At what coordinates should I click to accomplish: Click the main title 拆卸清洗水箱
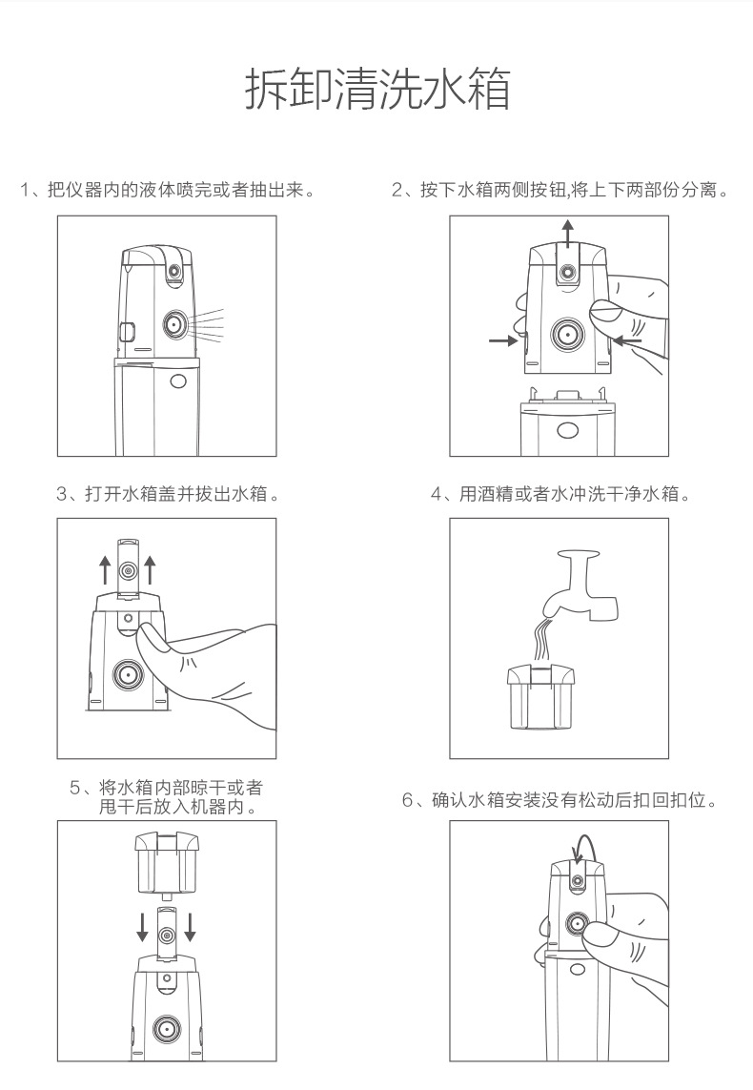tap(377, 89)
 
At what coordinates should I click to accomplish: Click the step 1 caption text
tap(168, 189)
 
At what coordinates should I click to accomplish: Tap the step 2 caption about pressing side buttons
tap(560, 189)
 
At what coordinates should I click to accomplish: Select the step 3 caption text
tap(169, 494)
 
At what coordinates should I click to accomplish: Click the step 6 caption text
tap(560, 799)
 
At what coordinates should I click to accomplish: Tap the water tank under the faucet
tap(541, 697)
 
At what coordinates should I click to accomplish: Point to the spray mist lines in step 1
tap(207, 324)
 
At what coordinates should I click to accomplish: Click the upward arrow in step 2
tap(568, 232)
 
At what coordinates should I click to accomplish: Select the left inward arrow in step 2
tap(503, 340)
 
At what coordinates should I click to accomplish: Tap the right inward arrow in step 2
tap(627, 339)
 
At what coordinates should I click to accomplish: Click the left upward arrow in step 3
tap(104, 569)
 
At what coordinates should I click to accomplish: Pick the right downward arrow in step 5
tap(190, 927)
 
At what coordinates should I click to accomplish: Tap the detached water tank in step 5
tap(167, 863)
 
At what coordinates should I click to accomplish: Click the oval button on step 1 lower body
tap(178, 380)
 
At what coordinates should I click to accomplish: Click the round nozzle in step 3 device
tap(128, 673)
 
